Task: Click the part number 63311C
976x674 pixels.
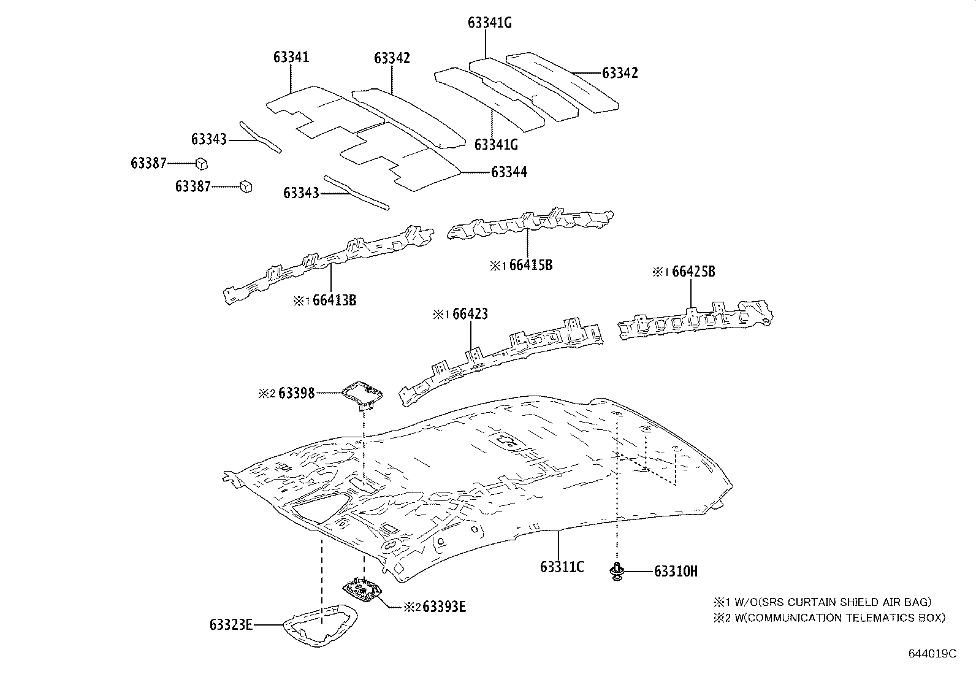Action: [562, 567]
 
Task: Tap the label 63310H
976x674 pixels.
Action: [676, 572]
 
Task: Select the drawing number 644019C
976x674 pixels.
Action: [932, 654]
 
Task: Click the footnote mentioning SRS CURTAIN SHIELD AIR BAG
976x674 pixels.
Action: [822, 602]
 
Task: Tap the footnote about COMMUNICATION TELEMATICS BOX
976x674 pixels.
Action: [828, 618]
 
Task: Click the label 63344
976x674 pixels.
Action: [509, 172]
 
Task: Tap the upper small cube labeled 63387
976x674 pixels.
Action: [201, 163]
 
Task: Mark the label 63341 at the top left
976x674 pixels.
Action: [291, 58]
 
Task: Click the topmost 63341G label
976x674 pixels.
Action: [489, 23]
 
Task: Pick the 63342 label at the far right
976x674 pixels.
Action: [620, 73]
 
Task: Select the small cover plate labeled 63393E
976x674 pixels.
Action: [362, 590]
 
